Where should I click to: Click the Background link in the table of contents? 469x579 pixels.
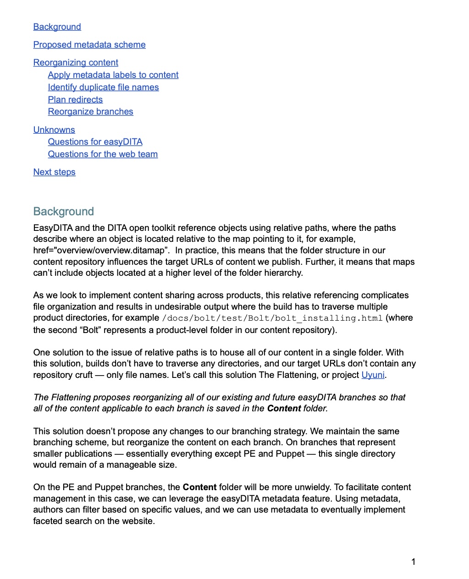57,27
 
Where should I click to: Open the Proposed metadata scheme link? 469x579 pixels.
89,45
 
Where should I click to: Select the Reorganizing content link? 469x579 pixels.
76,63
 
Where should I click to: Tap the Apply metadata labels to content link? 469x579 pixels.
113,75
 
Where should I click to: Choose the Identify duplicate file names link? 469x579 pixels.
103,87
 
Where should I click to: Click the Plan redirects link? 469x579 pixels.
75,100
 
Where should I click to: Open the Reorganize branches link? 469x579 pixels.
90,112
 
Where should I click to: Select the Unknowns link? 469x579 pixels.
54,130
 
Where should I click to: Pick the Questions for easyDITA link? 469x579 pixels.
95,142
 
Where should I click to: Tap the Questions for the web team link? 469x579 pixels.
103,154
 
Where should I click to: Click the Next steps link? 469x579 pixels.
54,172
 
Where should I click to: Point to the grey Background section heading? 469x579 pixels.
63,212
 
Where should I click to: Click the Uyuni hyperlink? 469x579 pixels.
373,375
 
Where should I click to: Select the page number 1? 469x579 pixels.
413,562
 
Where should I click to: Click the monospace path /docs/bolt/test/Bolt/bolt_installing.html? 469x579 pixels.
272,318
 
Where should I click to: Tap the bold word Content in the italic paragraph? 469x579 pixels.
284,409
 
